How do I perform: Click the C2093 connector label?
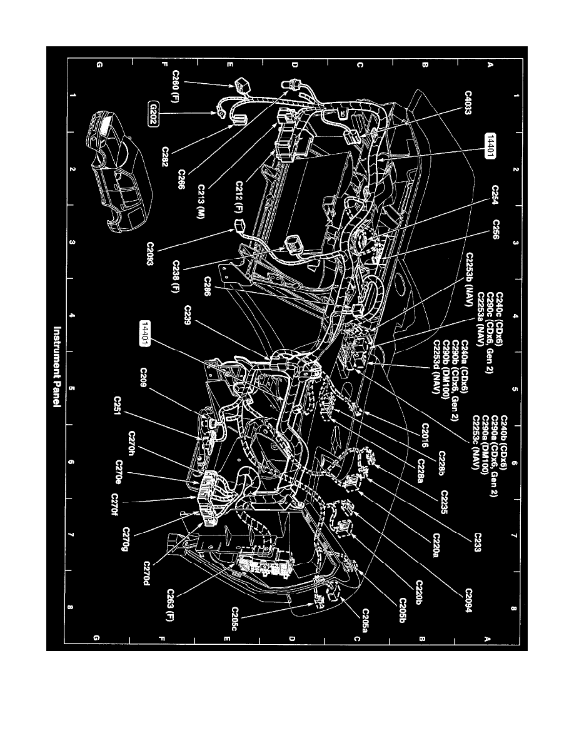[x=151, y=254]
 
